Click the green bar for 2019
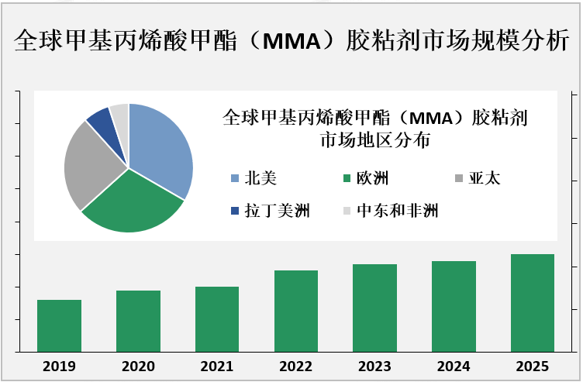coord(60,325)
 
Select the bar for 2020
coord(138,321)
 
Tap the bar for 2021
coord(217,318)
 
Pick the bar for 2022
coord(295,311)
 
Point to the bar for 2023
coord(374,308)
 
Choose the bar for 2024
coord(454,306)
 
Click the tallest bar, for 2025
coord(532,302)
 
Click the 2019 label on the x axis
coord(60,366)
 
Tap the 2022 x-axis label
coord(295,366)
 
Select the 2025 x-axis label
coord(532,366)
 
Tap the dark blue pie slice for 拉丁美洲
coord(102,121)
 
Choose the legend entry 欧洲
coord(372,179)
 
